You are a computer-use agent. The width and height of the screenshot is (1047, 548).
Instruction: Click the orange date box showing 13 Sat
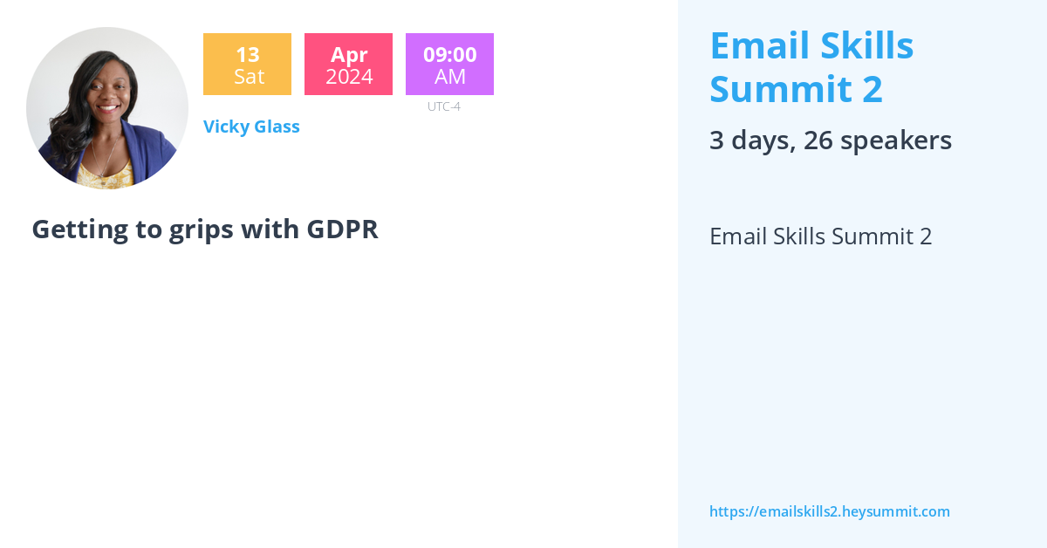coord(247,65)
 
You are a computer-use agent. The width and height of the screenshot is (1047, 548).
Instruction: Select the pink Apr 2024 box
coord(348,65)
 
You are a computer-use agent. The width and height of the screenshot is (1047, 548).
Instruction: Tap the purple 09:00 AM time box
coord(449,65)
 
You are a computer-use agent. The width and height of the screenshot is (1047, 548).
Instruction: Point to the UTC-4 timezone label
coord(443,106)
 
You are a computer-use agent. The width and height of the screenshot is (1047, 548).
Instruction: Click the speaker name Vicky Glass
coord(251,127)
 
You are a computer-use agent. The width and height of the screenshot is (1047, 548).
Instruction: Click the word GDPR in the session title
coord(342,229)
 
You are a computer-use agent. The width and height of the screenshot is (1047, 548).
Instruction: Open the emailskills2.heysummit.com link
coord(829,511)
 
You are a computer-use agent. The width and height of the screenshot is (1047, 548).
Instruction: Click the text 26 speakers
coord(878,140)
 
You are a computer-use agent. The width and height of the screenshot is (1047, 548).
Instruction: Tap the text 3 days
coord(751,140)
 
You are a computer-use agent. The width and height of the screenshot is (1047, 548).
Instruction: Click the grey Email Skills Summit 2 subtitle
coord(820,236)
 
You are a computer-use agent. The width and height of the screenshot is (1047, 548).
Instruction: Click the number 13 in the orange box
coord(247,55)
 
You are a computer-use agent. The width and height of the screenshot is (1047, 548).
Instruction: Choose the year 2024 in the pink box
coord(349,77)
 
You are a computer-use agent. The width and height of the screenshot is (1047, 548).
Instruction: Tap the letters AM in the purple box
coord(450,77)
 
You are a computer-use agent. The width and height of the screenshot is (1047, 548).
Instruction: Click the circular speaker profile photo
coord(107,108)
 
